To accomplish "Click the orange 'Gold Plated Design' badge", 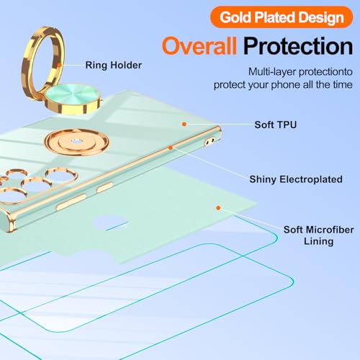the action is [x=282, y=17].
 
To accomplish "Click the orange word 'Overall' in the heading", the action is [x=199, y=46].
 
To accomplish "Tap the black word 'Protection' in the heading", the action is [x=298, y=46].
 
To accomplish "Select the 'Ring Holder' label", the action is [x=114, y=66].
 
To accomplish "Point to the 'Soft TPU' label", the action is [x=276, y=125].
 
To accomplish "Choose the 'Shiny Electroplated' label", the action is [x=296, y=179].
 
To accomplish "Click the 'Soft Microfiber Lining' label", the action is [x=319, y=235].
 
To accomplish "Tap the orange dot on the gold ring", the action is [x=59, y=65].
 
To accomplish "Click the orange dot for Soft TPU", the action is [x=184, y=124].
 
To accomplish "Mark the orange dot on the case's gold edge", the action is [x=171, y=148].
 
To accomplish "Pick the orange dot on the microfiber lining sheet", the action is [x=218, y=208].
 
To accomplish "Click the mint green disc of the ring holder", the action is [x=73, y=94].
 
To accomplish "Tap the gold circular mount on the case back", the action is [x=76, y=142].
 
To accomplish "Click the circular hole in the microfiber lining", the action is [x=109, y=222].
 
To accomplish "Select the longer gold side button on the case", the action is [x=71, y=202].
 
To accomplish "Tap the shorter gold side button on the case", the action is [x=104, y=187].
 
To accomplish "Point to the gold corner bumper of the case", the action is [x=9, y=222].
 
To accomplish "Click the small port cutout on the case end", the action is [x=210, y=142].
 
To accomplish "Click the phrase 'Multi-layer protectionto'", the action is [x=300, y=72].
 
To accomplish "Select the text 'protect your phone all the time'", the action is [x=283, y=85].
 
